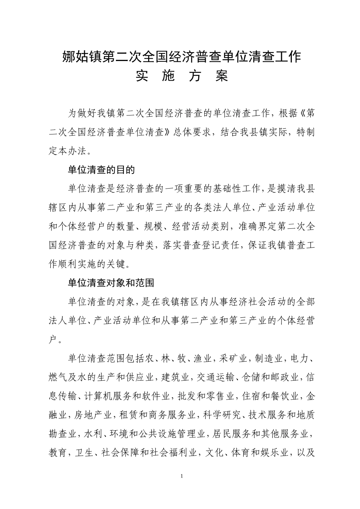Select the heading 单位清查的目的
pos(101,170)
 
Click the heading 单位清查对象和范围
pos(111,283)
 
